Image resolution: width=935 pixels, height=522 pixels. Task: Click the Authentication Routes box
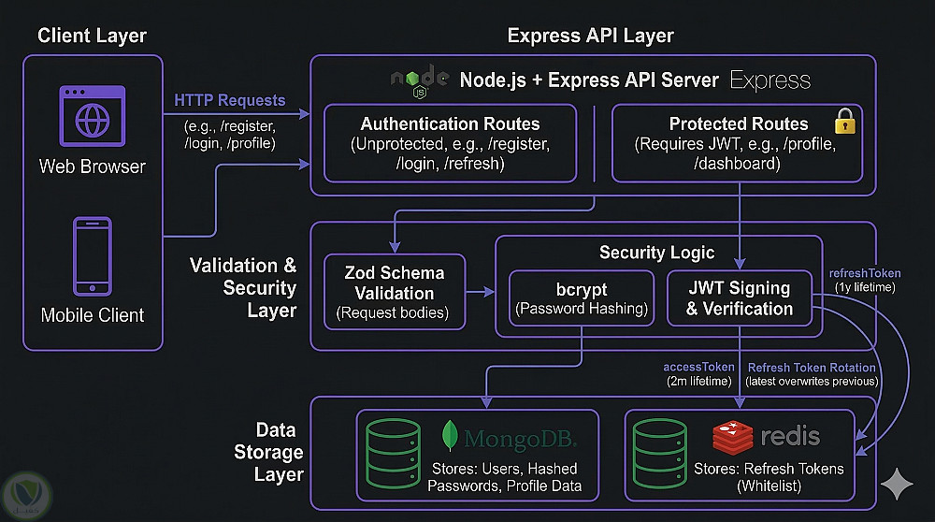tap(450, 143)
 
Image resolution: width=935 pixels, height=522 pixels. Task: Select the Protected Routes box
tap(739, 143)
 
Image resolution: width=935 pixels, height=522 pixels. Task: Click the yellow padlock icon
tap(844, 121)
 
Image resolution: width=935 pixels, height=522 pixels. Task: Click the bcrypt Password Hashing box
tap(582, 298)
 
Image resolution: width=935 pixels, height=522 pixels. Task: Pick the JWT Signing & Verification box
tap(739, 298)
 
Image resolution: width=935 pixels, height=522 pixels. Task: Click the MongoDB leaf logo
tap(451, 437)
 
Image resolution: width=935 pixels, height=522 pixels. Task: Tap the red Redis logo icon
tap(732, 436)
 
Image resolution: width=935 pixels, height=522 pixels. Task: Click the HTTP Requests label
tap(230, 100)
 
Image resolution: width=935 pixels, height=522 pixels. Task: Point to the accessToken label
tap(698, 367)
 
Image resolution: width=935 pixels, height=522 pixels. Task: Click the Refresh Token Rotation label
tap(812, 367)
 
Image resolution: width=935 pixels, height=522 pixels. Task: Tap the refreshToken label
tap(865, 273)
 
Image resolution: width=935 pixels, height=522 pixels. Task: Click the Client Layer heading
tap(92, 36)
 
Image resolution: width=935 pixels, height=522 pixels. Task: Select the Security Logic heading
tap(656, 253)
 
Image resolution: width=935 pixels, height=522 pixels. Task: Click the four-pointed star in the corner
tap(897, 486)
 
